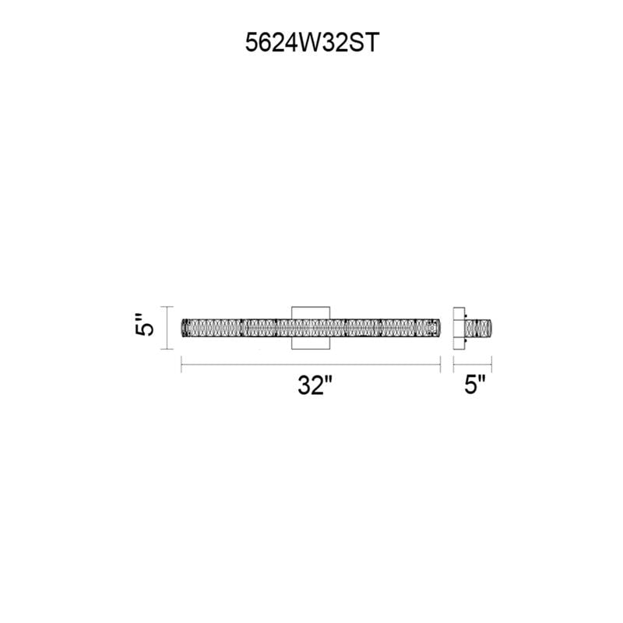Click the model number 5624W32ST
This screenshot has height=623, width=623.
coord(312,43)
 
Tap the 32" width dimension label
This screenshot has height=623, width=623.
coord(315,385)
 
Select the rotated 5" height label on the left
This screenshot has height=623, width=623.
coord(143,325)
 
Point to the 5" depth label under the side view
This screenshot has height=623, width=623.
coord(475,384)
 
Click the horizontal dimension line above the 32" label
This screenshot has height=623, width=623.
coord(311,364)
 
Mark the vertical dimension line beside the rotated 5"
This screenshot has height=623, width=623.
coord(167,328)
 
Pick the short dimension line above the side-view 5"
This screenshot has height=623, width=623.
coord(473,364)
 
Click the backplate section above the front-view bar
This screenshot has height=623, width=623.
coord(311,312)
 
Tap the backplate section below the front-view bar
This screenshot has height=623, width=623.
coord(311,343)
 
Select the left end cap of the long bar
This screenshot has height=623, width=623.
coord(184,328)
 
